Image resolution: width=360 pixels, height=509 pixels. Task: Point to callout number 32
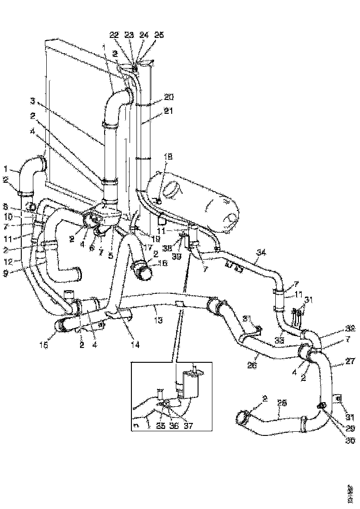(350, 329)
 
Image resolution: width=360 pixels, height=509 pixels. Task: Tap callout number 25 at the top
(159, 35)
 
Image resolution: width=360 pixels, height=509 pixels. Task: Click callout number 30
(350, 441)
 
